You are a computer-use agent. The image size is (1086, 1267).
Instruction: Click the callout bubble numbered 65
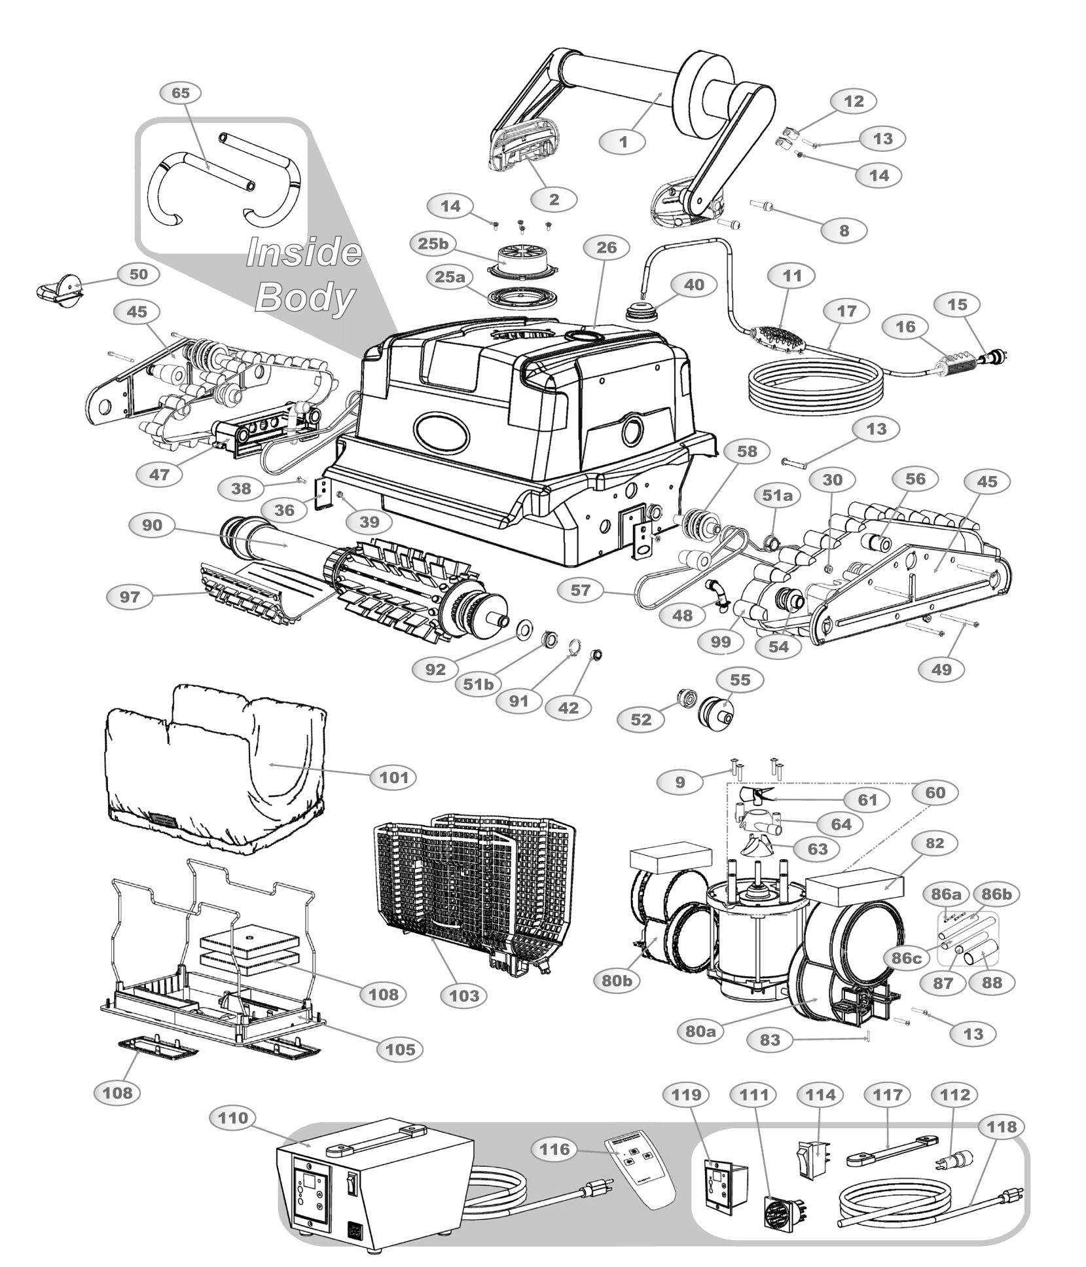[x=180, y=93]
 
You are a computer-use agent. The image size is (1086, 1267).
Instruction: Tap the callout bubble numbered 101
[x=394, y=777]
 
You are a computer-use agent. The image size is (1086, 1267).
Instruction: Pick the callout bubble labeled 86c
[x=906, y=958]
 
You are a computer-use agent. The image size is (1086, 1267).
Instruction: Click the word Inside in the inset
[x=303, y=252]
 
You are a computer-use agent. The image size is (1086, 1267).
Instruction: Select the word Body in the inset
[x=304, y=298]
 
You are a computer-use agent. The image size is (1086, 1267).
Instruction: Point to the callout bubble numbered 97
[x=130, y=597]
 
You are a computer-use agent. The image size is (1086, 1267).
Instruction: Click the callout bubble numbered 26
[x=606, y=248]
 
